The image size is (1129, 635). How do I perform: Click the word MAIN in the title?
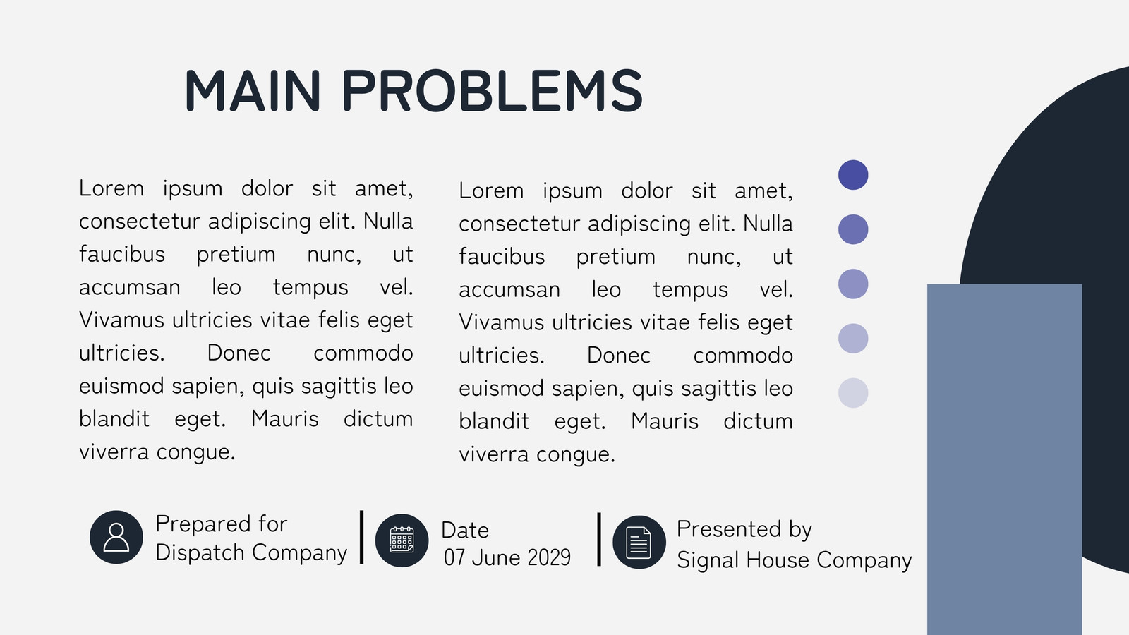click(253, 91)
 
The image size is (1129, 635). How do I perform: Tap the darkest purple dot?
click(853, 175)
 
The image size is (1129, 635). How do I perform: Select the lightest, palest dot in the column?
click(853, 392)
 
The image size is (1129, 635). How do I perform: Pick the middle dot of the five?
click(853, 284)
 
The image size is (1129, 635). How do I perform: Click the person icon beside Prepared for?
click(116, 537)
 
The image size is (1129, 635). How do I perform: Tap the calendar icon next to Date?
click(402, 540)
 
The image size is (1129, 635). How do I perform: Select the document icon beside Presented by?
click(639, 543)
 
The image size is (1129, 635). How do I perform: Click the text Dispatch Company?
click(251, 553)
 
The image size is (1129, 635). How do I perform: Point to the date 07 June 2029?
click(507, 558)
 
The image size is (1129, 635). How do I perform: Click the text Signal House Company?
click(795, 560)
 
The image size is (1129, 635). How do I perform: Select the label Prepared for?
click(222, 524)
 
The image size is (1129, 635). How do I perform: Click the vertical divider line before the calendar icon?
click(361, 537)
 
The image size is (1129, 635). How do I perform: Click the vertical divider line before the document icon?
click(599, 540)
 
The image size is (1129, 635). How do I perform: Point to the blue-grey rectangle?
click(1004, 459)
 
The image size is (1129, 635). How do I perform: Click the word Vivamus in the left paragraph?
click(121, 320)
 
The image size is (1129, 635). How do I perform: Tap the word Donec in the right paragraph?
click(618, 356)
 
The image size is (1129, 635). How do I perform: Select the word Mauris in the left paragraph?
click(285, 419)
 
